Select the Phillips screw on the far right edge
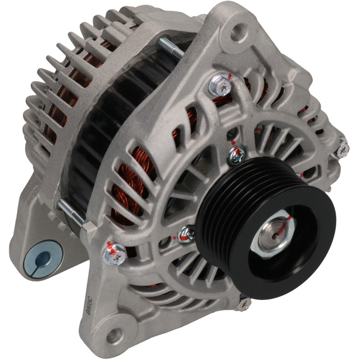click(342, 148)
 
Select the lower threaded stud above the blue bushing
click(71, 211)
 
